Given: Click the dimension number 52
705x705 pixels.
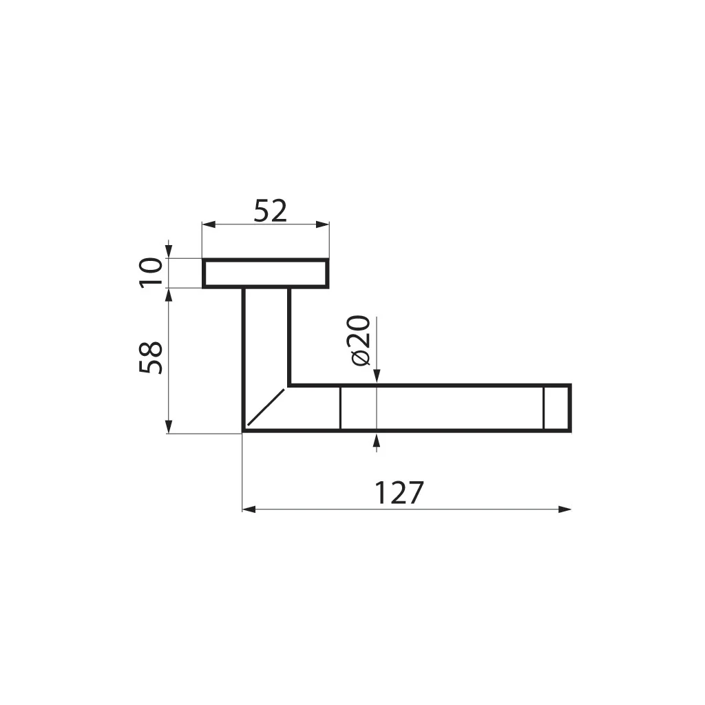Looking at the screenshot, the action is (270, 211).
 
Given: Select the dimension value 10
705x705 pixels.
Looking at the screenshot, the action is (151, 273).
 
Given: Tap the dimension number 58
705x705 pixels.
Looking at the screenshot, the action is (151, 357).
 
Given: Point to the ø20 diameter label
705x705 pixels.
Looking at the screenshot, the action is (359, 341).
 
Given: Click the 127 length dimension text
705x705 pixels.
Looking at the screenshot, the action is (399, 493).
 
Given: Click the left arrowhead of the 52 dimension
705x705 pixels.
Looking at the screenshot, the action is (209, 224).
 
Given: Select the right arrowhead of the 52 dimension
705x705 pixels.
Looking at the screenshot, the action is (322, 224).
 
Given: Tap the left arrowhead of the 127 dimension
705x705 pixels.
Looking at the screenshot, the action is (249, 509).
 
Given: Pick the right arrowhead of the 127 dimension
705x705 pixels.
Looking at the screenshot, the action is (565, 509).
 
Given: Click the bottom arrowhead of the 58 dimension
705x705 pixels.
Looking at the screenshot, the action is (169, 427).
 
